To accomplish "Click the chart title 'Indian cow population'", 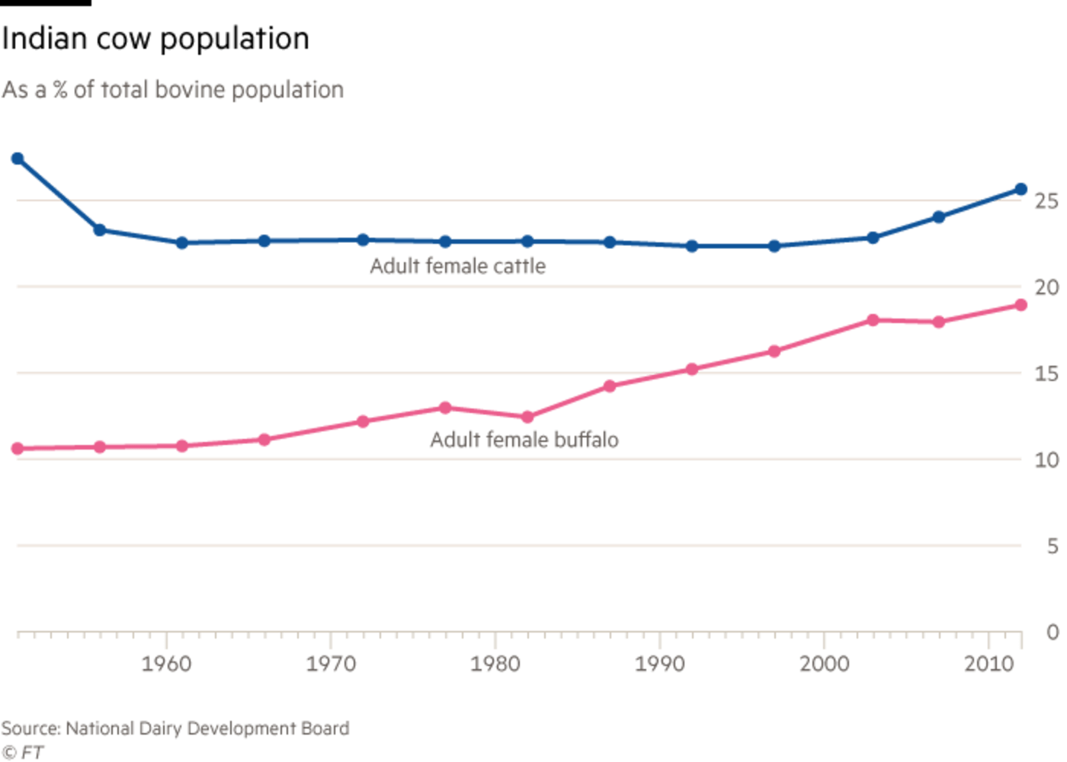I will pos(155,40).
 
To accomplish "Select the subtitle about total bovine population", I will pos(173,90).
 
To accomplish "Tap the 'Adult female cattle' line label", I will pos(458,266).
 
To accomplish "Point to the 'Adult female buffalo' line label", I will pos(524,440).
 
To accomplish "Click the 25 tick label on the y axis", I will pos(1046,201).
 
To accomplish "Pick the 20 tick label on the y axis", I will pos(1046,287).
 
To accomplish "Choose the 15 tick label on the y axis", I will pos(1046,373).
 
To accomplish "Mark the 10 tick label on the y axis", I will pos(1046,459).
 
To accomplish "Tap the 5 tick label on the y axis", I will pos(1053,546).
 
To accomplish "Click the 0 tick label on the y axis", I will pos(1053,632).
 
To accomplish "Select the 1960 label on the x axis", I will pos(166,664).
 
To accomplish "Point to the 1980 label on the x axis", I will pos(495,664).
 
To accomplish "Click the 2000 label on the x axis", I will pos(825,664).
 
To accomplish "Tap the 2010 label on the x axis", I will pos(989,664).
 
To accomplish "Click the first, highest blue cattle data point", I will pos(18,158).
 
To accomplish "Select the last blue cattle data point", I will pos(1021,189).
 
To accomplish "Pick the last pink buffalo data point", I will pos(1021,306).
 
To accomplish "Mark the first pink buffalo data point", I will pos(18,449).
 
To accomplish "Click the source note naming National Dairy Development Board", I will pos(176,728).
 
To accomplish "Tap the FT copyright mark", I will pos(23,751).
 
